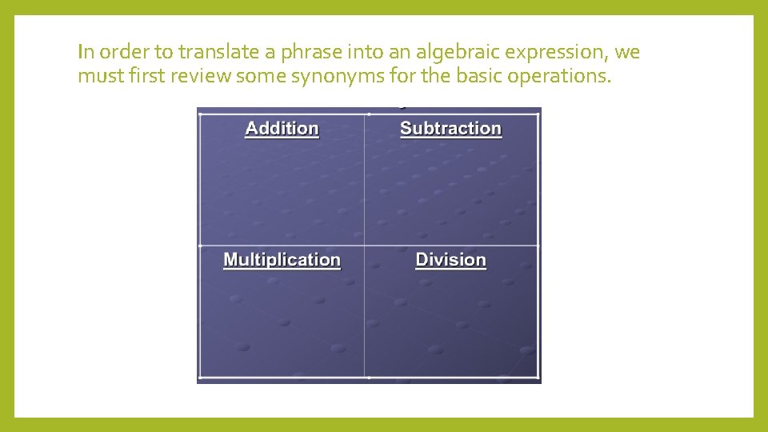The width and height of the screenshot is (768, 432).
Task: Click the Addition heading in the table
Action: pyautogui.click(x=282, y=129)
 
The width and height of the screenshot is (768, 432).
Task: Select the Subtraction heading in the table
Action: pyautogui.click(x=450, y=129)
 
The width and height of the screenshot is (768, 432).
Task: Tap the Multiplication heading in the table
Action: pyautogui.click(x=282, y=260)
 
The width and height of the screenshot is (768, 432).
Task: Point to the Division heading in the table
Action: pyautogui.click(x=450, y=260)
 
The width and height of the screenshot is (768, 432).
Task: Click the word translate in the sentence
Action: pyautogui.click(x=218, y=53)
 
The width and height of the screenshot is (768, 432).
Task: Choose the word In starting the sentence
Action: pyautogui.click(x=86, y=53)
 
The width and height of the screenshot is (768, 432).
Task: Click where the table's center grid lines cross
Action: pyautogui.click(x=365, y=246)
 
